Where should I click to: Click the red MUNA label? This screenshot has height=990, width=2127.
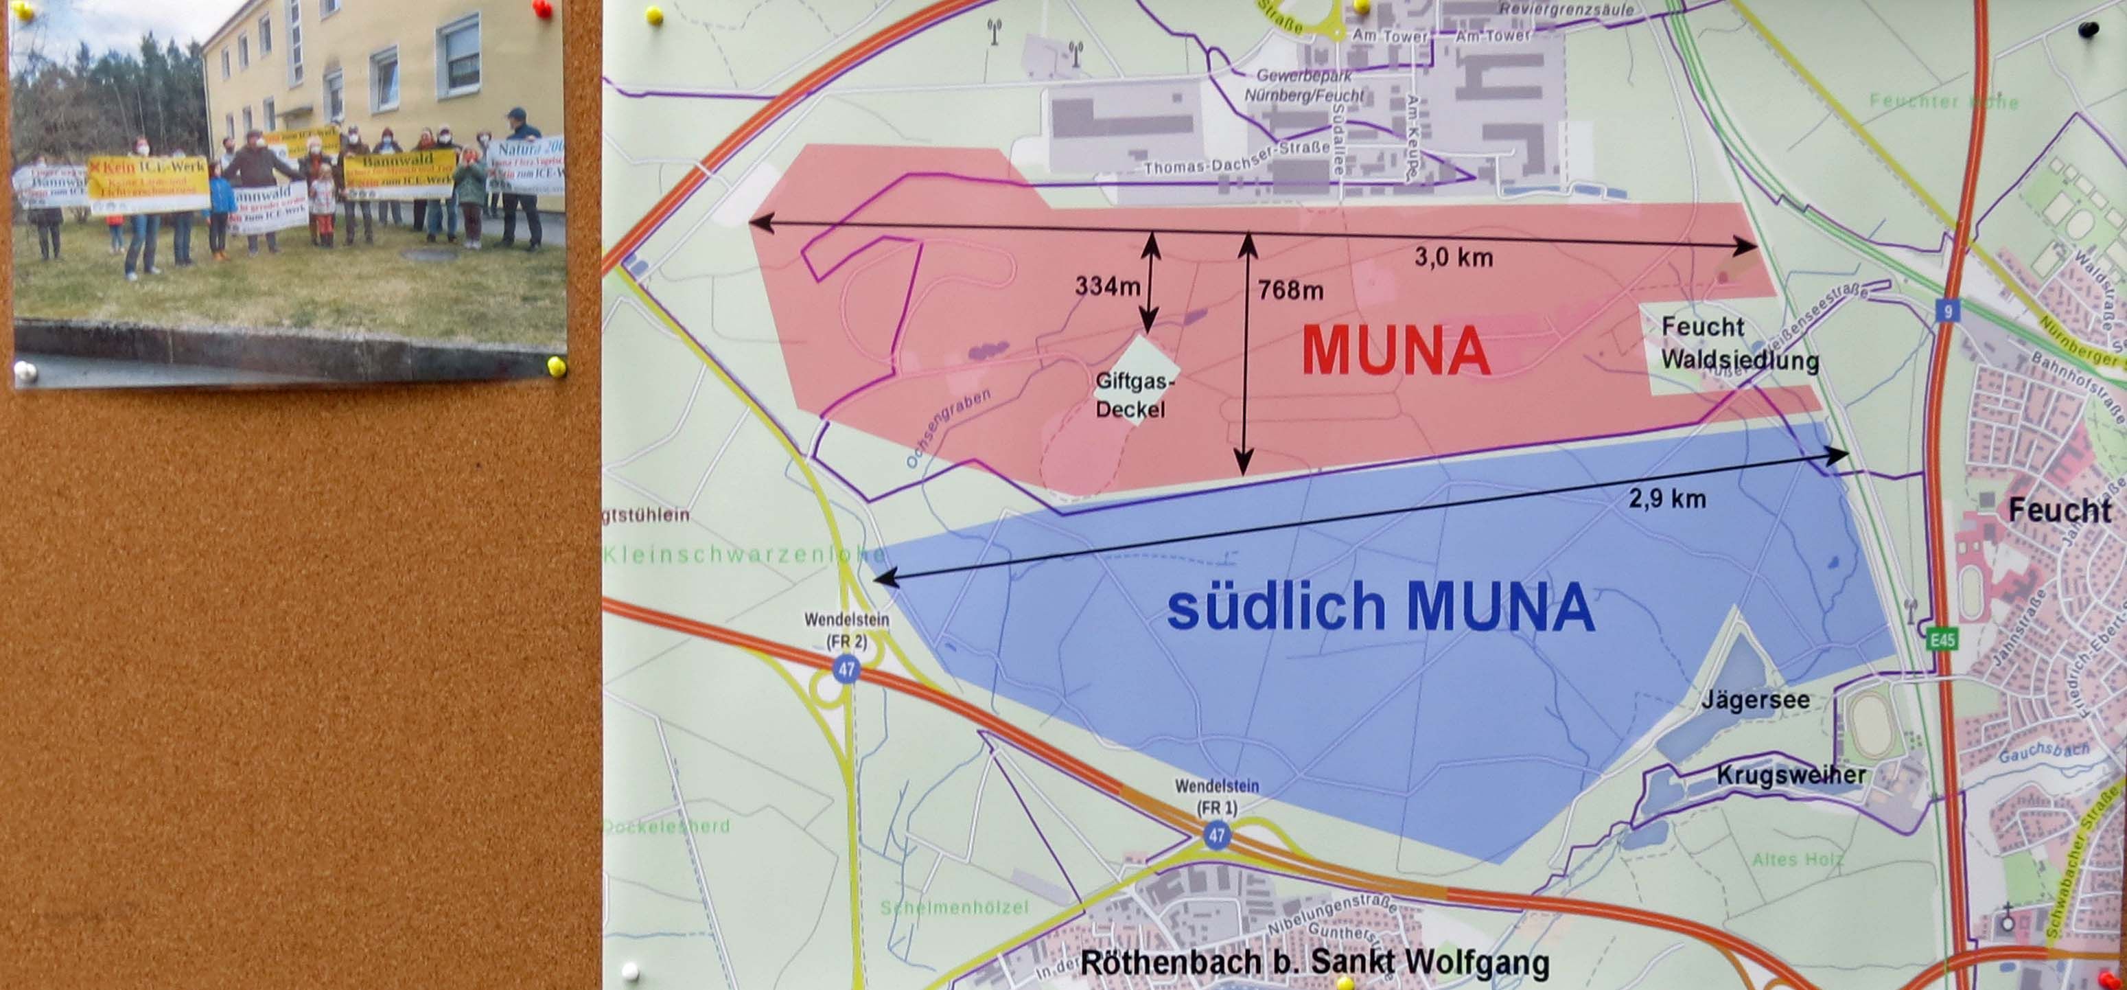pos(1395,352)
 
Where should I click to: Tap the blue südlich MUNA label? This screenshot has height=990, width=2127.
pos(1380,607)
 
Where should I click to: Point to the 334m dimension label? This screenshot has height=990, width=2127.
pos(1107,286)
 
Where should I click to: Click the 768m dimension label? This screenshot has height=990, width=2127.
pos(1290,290)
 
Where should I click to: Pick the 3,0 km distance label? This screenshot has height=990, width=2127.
pos(1453,257)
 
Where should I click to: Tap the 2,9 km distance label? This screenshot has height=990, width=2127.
pos(1667,498)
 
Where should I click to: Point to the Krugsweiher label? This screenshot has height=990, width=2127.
pos(1791,774)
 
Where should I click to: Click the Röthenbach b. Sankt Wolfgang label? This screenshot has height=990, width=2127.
pos(1314,963)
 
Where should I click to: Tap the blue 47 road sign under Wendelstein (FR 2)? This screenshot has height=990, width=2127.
pos(846,669)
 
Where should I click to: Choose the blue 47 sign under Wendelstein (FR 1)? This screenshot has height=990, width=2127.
pos(1216,836)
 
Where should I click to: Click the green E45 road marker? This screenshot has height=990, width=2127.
pos(1943,639)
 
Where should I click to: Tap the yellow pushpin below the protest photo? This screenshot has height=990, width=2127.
pos(557,366)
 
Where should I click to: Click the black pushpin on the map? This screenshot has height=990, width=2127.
pos(2105,30)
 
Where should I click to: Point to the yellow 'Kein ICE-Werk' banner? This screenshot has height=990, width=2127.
pos(149,185)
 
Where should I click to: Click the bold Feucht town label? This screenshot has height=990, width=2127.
pos(2059,511)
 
